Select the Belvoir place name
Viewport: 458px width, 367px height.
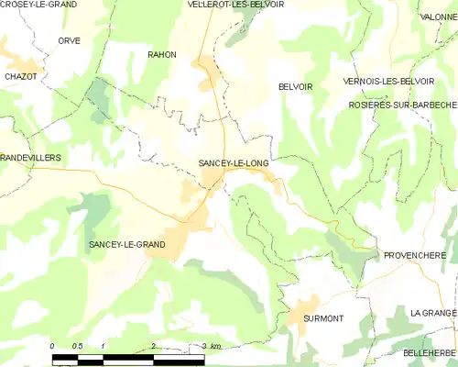(x=295, y=86)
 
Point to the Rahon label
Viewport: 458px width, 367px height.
(x=162, y=55)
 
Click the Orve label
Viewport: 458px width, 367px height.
(x=70, y=41)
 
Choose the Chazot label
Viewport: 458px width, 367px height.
(x=20, y=77)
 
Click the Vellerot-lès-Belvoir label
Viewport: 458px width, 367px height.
(x=246, y=6)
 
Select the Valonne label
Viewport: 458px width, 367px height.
(x=438, y=17)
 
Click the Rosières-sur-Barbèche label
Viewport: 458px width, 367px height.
(x=402, y=106)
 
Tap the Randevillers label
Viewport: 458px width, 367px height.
(x=31, y=158)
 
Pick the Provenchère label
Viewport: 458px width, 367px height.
(x=414, y=255)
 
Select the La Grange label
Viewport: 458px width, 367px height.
(x=433, y=313)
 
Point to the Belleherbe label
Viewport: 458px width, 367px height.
(x=430, y=352)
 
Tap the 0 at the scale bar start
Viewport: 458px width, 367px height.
(x=52, y=346)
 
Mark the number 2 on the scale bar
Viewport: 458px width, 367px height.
(x=152, y=346)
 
